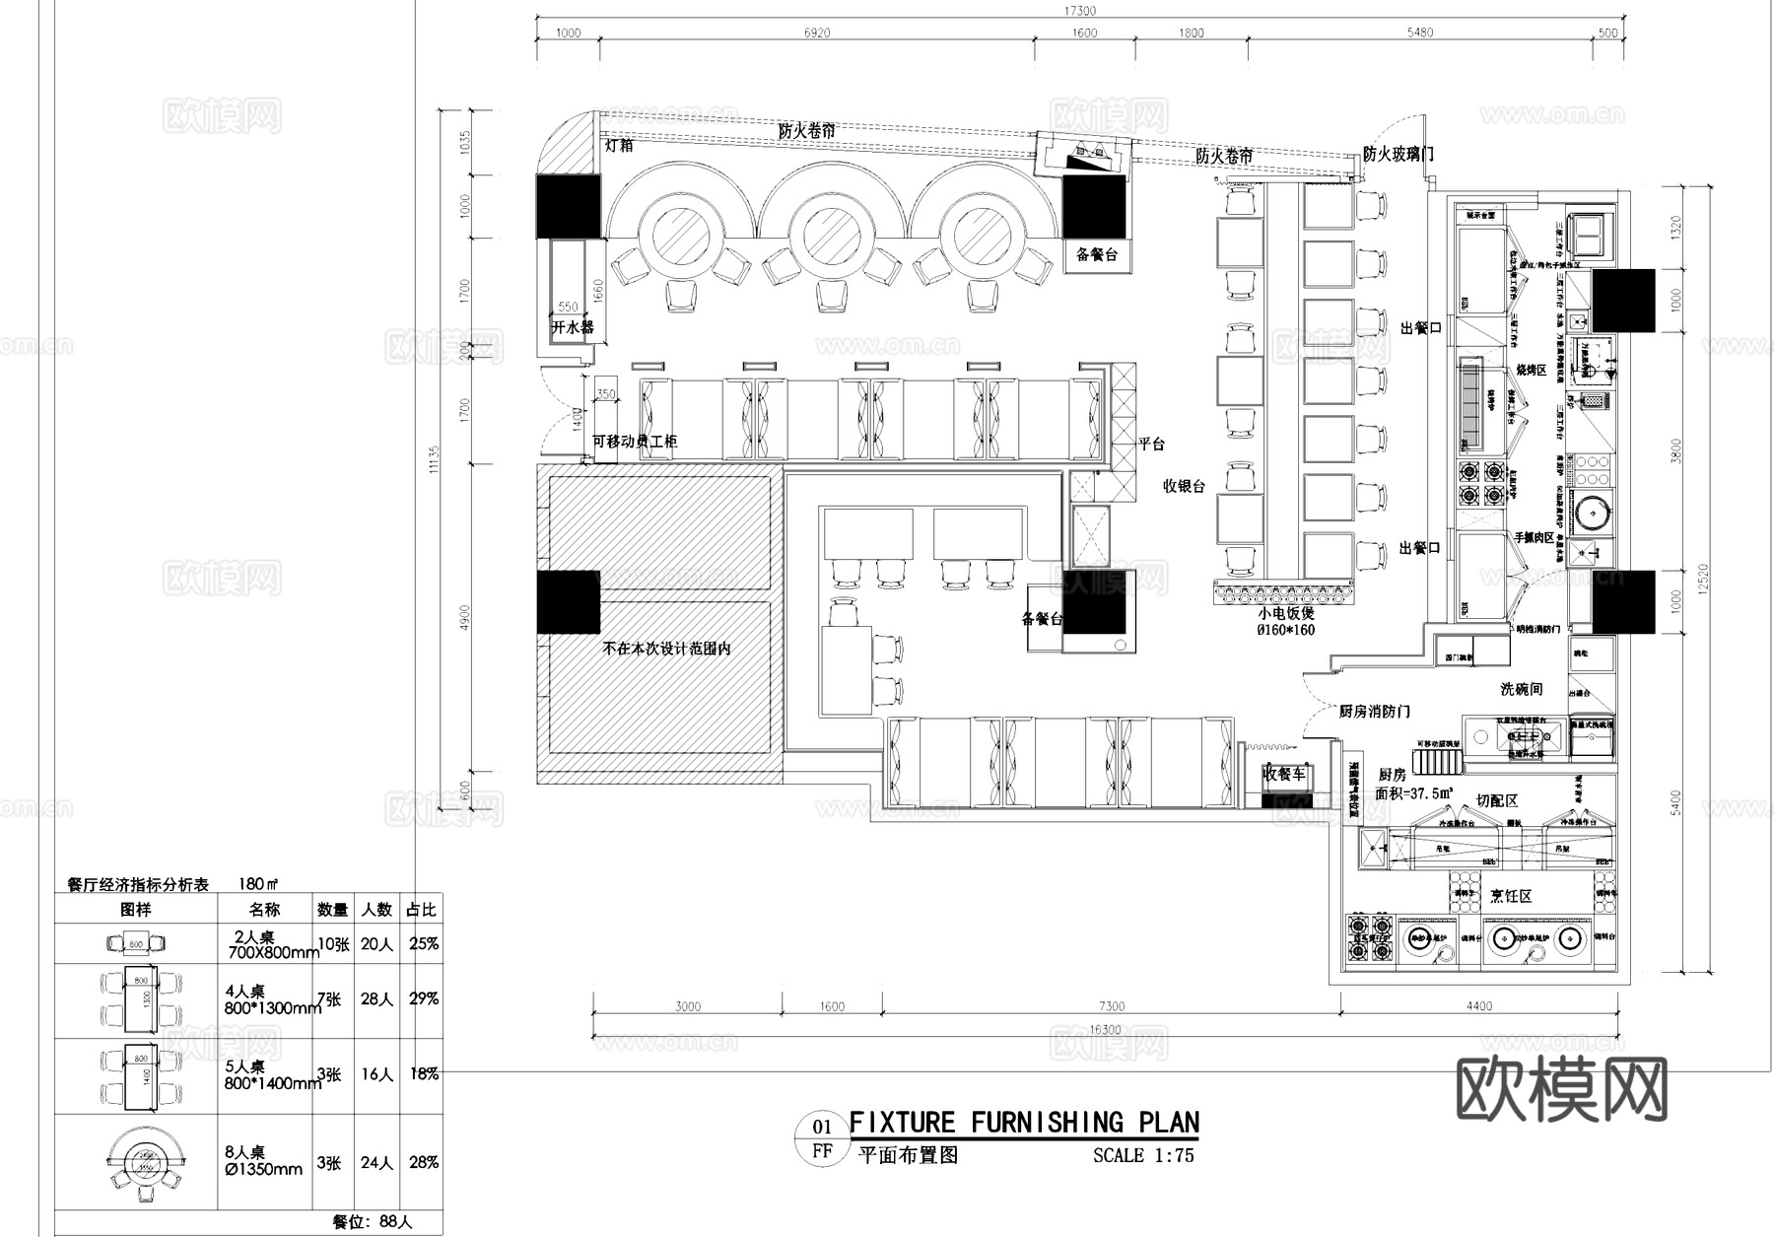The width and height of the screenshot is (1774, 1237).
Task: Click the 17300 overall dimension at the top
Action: (1080, 11)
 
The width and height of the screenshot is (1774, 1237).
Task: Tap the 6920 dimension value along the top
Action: (817, 33)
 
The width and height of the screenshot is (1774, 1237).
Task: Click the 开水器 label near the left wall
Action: (573, 327)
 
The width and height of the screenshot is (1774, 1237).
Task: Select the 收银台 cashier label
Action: (1185, 486)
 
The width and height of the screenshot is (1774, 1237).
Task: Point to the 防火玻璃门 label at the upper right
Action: (1398, 154)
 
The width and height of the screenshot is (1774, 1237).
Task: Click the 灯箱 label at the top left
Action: (619, 145)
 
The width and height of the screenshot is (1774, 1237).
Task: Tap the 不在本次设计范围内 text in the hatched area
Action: (666, 649)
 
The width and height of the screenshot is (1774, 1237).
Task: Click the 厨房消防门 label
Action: (1374, 711)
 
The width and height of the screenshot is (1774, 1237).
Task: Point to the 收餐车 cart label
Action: (1284, 774)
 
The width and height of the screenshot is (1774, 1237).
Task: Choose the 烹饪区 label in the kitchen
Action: (1510, 895)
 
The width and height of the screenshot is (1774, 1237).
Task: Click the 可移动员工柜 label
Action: (634, 441)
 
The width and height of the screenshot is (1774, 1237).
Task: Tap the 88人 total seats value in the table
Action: (394, 1221)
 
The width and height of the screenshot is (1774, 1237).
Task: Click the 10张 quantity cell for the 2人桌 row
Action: (333, 943)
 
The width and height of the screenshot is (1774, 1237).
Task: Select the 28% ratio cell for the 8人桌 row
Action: (424, 1162)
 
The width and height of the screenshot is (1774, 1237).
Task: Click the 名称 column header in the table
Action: (264, 909)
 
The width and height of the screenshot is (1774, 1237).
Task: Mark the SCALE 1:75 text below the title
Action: (1143, 1155)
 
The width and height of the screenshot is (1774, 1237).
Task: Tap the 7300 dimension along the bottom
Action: (1111, 1006)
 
